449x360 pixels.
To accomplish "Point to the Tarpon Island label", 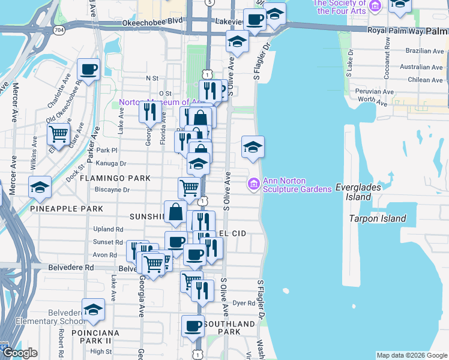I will click(x=378, y=218).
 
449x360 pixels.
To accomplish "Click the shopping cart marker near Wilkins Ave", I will click(x=58, y=133).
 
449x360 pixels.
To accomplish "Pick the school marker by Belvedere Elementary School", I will click(x=93, y=310).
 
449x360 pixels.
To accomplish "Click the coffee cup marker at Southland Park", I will click(x=193, y=326).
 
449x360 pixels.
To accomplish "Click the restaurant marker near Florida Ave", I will click(x=149, y=111).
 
